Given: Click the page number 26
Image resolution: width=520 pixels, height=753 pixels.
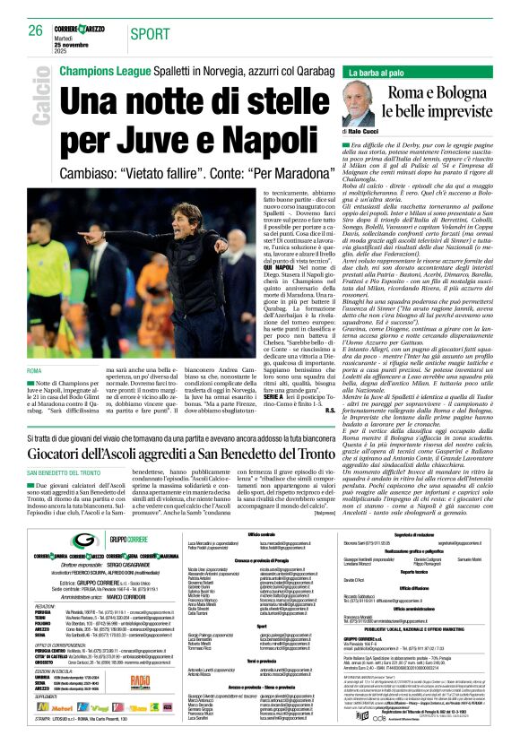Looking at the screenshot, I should [x=33, y=30].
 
